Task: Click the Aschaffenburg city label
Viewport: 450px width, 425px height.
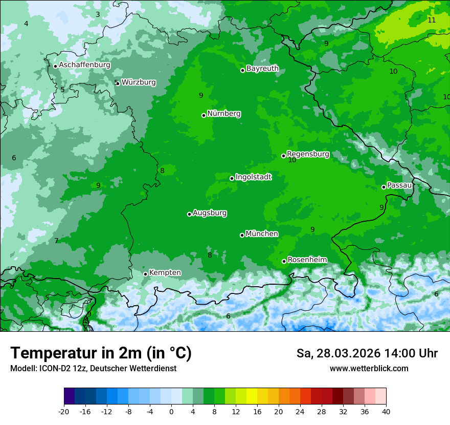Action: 84,65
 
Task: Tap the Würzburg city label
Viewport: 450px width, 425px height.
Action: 139,82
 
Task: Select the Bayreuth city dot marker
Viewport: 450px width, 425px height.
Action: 243,70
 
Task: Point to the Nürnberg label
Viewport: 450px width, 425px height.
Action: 223,114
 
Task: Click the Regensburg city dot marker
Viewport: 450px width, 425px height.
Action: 283,156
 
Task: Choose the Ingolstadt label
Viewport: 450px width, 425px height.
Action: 253,177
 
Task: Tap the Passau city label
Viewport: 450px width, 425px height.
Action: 399,185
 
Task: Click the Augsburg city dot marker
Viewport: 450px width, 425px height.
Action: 189,214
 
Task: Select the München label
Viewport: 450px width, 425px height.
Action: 262,233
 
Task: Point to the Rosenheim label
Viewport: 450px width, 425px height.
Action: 307,260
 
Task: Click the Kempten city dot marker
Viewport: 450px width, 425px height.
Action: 145,274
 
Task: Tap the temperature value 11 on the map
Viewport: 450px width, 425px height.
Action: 432,20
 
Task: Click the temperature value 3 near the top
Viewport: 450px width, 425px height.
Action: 98,14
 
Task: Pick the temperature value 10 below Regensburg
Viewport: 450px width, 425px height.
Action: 292,160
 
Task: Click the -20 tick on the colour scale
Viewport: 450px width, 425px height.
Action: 64,411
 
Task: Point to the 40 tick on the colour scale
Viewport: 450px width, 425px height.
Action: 386,411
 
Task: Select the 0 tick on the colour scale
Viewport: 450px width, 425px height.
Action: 171,411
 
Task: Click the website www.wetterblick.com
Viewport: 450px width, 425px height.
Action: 369,368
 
